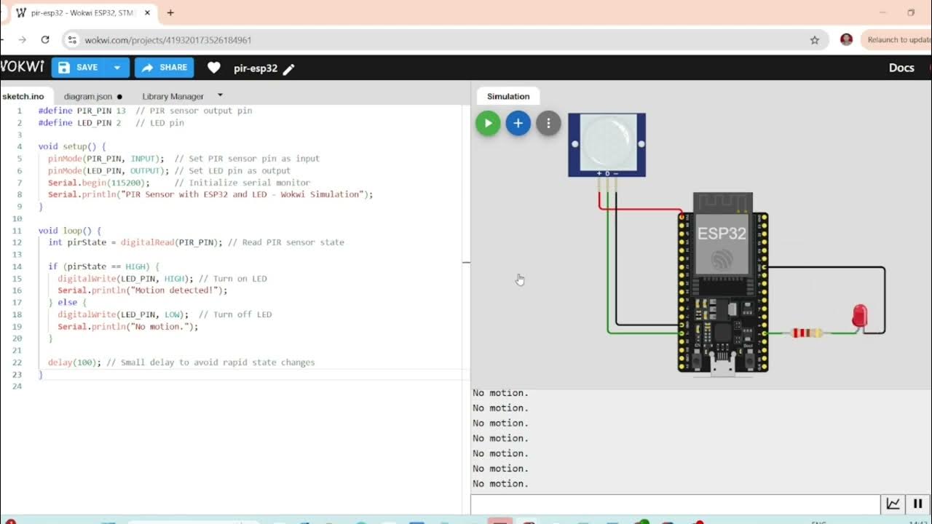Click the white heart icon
click(x=213, y=68)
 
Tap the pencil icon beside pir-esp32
click(x=289, y=69)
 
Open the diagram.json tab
click(x=88, y=96)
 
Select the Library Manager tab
click(x=173, y=96)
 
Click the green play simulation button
click(x=488, y=123)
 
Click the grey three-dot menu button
click(x=548, y=123)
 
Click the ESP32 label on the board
click(x=722, y=234)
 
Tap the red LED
click(x=860, y=316)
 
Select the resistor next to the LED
click(x=807, y=333)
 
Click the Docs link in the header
click(x=901, y=68)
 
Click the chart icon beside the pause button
click(x=893, y=504)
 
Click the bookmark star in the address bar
click(x=815, y=40)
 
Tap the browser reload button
click(x=45, y=40)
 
